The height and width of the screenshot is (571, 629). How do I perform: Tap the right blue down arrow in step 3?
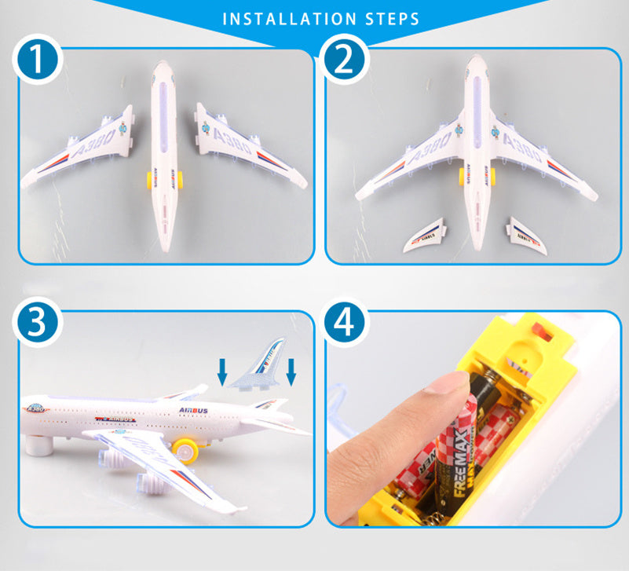pos(291,372)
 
